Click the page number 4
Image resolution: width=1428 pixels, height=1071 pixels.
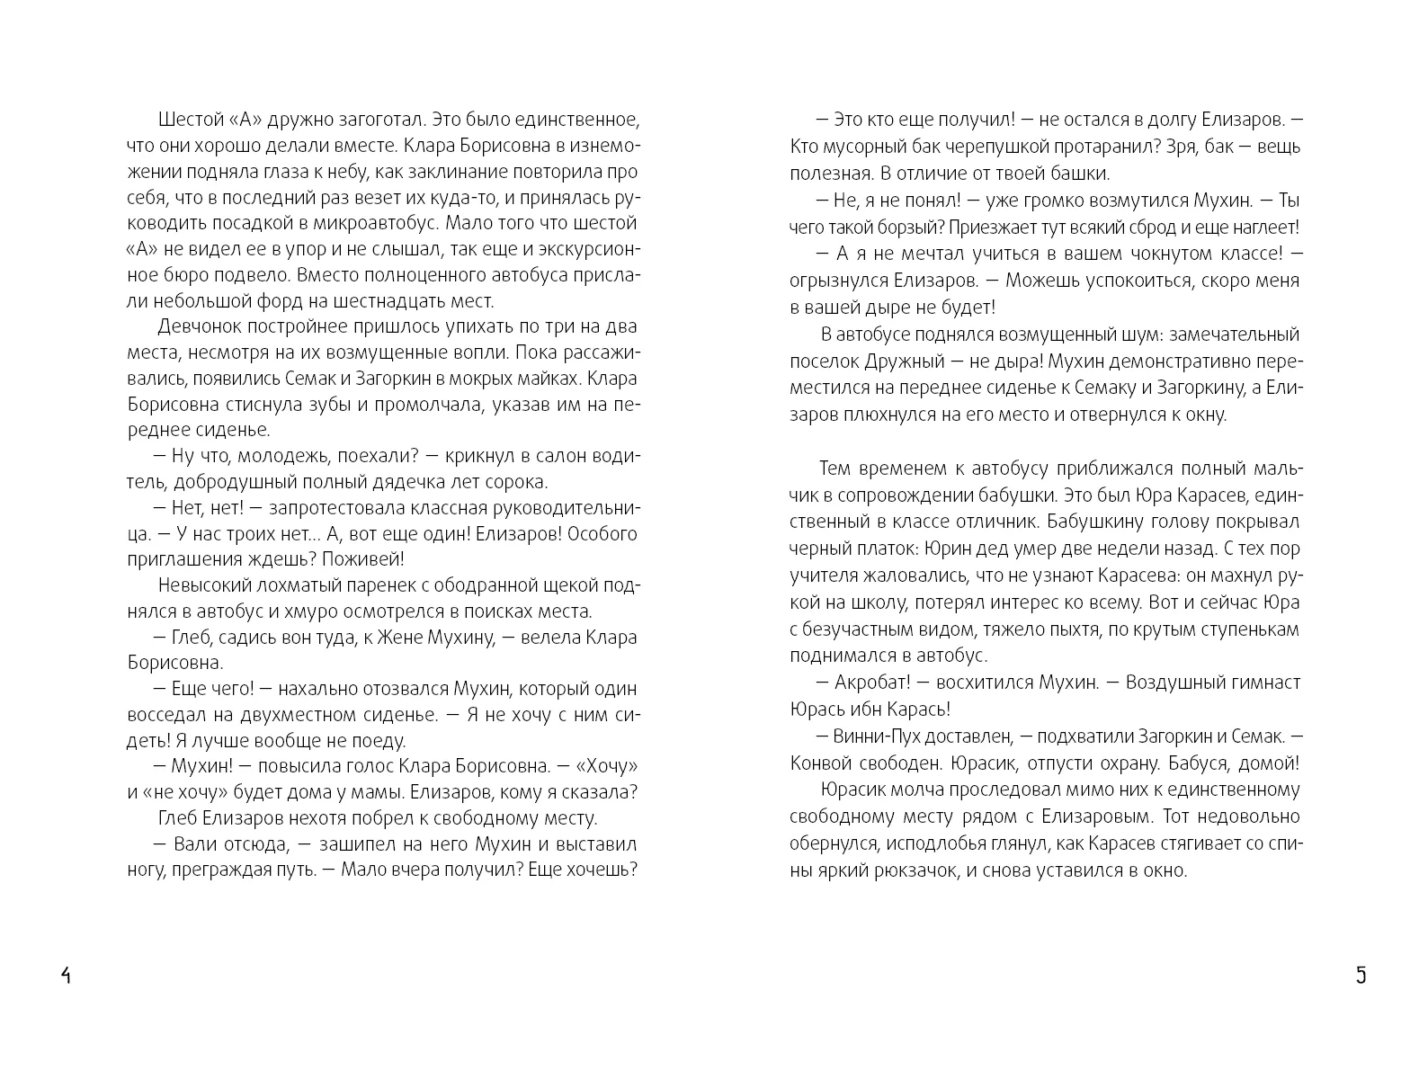tap(66, 976)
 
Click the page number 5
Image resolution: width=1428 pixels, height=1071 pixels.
tap(1361, 976)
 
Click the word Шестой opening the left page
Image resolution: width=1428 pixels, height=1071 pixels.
tap(186, 119)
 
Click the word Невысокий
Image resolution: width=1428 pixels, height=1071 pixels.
tap(197, 585)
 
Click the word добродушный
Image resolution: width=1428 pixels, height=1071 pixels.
tap(223, 481)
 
